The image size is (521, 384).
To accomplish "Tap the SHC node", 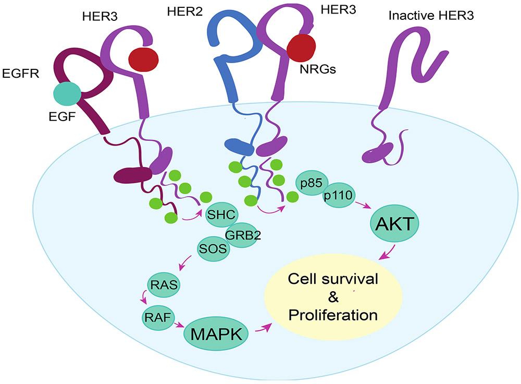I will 222,215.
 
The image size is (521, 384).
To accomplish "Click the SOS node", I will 214,248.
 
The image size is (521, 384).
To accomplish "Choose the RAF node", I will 157,315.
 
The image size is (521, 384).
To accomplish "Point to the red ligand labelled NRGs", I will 301,46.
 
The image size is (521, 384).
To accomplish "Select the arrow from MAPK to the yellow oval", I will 264,327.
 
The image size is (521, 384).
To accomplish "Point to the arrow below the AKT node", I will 389,253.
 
